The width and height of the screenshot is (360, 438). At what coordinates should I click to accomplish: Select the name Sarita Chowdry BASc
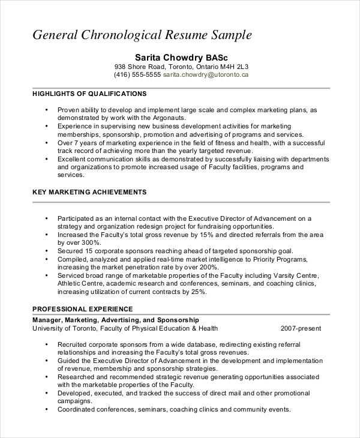(x=181, y=56)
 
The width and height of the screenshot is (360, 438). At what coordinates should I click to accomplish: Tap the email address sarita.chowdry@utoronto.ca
(x=206, y=76)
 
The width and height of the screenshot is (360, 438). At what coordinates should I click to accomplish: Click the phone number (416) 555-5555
(x=137, y=76)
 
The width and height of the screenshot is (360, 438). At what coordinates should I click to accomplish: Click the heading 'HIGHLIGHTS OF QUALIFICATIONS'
(x=89, y=94)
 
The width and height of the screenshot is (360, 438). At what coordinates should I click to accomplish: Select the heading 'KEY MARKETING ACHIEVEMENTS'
(x=89, y=193)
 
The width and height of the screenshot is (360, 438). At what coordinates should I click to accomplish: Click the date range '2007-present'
(x=301, y=329)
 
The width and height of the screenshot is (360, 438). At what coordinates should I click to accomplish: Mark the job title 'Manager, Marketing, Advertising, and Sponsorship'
(x=115, y=320)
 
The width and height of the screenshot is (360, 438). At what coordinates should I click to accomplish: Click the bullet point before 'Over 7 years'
(x=46, y=143)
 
